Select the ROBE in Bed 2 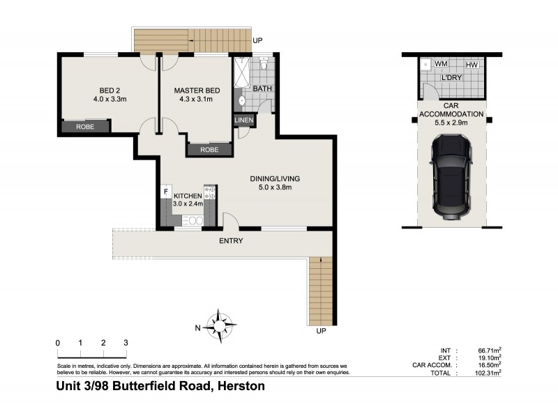coord(85,127)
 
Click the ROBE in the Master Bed coord(209,150)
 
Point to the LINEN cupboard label coord(244,121)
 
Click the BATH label coord(262,88)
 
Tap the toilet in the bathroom coord(264,65)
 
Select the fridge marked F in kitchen coord(166,191)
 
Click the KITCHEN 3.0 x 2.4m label coord(187,201)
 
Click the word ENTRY coord(231,241)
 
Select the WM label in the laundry coord(441,64)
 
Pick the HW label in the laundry coord(472,65)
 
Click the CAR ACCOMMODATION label coord(452,114)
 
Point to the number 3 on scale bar coord(126,343)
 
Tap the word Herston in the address coord(241,386)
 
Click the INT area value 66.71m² coord(488,350)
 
